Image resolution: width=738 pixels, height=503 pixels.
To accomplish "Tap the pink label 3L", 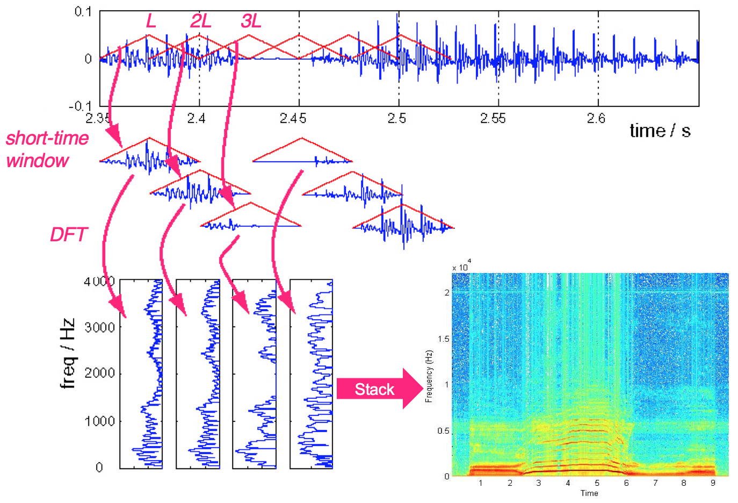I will point(251,21).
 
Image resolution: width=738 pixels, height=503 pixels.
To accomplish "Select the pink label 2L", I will point(200,21).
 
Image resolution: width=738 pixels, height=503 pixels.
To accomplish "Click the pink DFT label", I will point(68,235).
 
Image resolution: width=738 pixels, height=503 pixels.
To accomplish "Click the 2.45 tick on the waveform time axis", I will point(293,118).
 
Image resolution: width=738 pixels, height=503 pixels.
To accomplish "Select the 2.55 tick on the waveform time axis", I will point(493,118).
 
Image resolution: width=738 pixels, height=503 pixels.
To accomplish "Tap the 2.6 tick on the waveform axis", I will point(596,118).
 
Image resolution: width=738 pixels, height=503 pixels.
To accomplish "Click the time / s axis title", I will point(660,131).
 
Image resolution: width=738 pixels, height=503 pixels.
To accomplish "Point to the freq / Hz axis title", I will point(68,353).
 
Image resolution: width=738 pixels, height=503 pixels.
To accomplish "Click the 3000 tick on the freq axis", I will point(100,327).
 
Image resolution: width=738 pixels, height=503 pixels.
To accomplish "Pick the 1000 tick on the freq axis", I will point(100,421).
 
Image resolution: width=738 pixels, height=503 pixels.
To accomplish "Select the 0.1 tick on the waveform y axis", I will point(83,12).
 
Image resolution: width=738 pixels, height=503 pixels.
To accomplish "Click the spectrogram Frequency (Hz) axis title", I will point(429,376).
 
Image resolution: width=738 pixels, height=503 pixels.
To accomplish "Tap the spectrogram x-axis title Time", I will point(589,493).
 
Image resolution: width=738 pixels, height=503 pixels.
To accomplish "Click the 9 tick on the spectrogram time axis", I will point(713,483).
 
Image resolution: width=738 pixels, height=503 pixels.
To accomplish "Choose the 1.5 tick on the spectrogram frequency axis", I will point(444,339).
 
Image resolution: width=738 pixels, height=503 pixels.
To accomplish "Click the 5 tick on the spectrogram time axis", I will point(597,483).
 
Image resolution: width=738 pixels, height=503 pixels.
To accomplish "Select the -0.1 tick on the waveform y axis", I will point(80,106).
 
